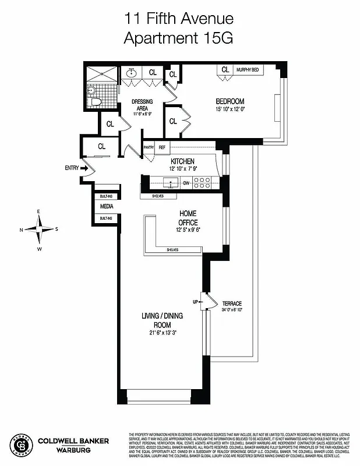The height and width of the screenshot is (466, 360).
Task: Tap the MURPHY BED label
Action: (x=248, y=70)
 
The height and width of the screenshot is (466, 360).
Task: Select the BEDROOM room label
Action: (x=230, y=100)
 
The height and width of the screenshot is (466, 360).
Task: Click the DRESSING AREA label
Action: (x=142, y=105)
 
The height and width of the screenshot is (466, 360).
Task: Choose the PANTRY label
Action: (x=148, y=148)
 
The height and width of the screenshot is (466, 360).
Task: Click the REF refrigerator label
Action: (x=162, y=148)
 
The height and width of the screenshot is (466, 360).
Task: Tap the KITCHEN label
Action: (x=182, y=161)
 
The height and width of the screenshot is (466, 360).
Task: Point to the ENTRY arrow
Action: (x=83, y=168)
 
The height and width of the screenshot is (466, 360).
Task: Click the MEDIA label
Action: (x=107, y=207)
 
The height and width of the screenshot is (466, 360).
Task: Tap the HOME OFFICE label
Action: (x=188, y=218)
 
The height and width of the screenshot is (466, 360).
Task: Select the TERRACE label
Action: (x=231, y=304)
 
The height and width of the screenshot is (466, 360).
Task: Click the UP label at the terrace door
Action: (x=197, y=302)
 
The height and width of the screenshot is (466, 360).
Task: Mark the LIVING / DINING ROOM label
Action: (x=158, y=320)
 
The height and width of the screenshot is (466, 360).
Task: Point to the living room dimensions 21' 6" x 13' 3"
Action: (x=158, y=333)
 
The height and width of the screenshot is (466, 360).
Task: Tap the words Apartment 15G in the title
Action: (x=179, y=38)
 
